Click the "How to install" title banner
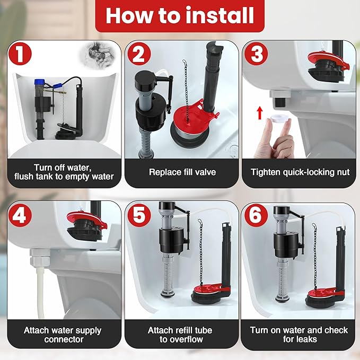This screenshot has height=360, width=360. pos(180,16)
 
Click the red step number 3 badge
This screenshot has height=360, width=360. pos(257,55)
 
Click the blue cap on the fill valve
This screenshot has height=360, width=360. pos(38,84)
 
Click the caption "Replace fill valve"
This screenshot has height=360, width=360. pos(179,172)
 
